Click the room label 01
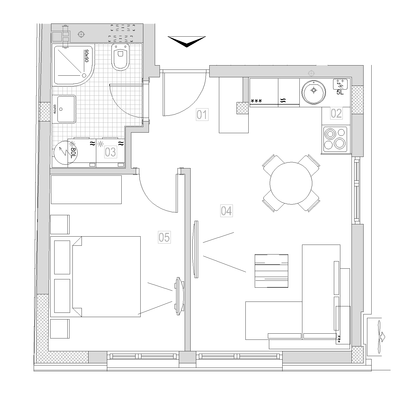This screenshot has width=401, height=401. coord(202,115)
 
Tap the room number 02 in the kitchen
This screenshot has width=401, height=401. coord(336,113)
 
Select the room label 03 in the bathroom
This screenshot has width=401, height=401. coord(110,152)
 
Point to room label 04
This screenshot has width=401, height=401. coord(226,211)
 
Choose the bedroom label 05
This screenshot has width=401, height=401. coord(164,237)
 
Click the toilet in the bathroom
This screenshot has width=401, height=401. coord(120,57)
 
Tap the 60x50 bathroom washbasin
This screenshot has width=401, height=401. coord(66,109)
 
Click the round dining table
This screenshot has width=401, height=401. coord(291,183)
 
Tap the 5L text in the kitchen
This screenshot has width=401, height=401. coord(340,92)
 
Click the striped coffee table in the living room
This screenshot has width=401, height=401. coord(271,271)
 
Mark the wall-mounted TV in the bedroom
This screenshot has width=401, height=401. coord(179,296)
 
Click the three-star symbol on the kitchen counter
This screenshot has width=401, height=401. coord(256,101)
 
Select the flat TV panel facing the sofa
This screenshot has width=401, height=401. coord(196,249)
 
